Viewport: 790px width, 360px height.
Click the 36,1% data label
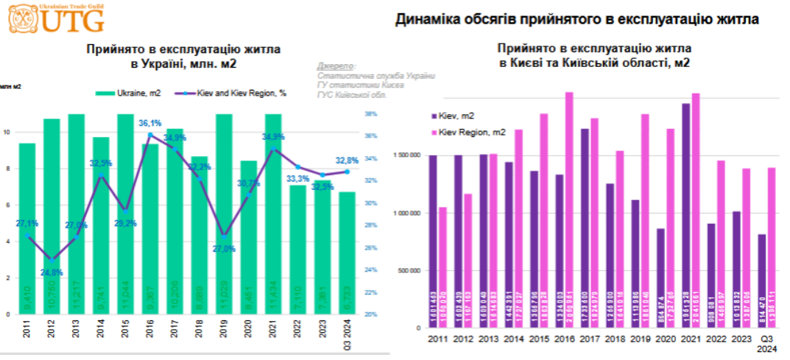pyautogui.click(x=149, y=124)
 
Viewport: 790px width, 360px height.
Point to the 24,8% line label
pyautogui.click(x=52, y=272)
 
